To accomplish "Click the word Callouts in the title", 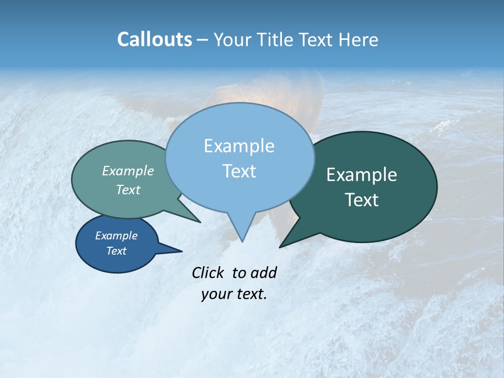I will point(154,39).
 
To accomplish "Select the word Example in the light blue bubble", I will point(239,146).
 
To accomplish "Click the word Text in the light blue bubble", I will point(239,171).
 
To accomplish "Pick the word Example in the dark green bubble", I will point(362,175).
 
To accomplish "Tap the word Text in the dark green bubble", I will point(362,200).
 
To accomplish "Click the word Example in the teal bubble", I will point(128,171).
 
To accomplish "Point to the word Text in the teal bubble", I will point(128,190).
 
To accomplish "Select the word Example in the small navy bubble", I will point(116,236).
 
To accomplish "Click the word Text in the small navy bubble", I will point(116,251).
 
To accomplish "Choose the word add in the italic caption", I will point(263,272).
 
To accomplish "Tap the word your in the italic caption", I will point(216,294).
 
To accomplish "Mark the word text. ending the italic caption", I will point(250,294).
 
